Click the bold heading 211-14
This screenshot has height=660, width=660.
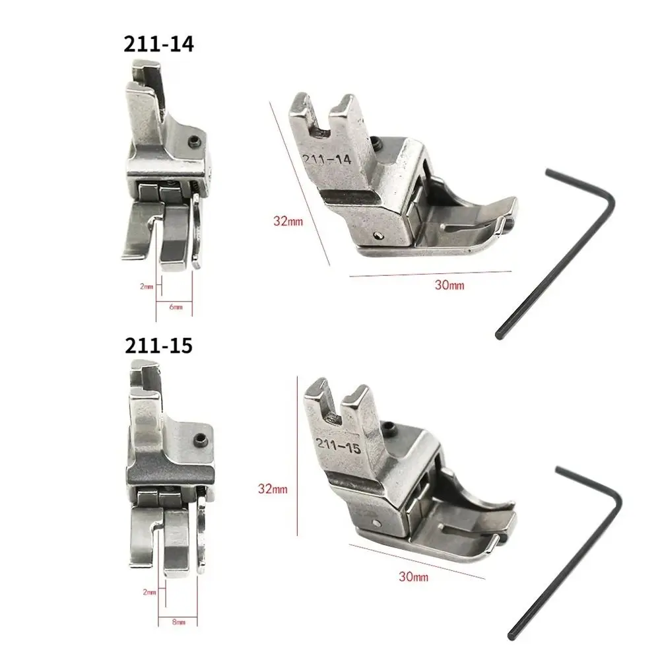158,44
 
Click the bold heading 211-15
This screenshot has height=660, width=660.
158,346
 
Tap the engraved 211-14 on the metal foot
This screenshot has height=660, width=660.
327,159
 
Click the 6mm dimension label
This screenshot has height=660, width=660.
176,307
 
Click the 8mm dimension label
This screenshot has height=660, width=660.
178,622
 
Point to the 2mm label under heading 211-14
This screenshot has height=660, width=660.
147,286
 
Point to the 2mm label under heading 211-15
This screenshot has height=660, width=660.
149,592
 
